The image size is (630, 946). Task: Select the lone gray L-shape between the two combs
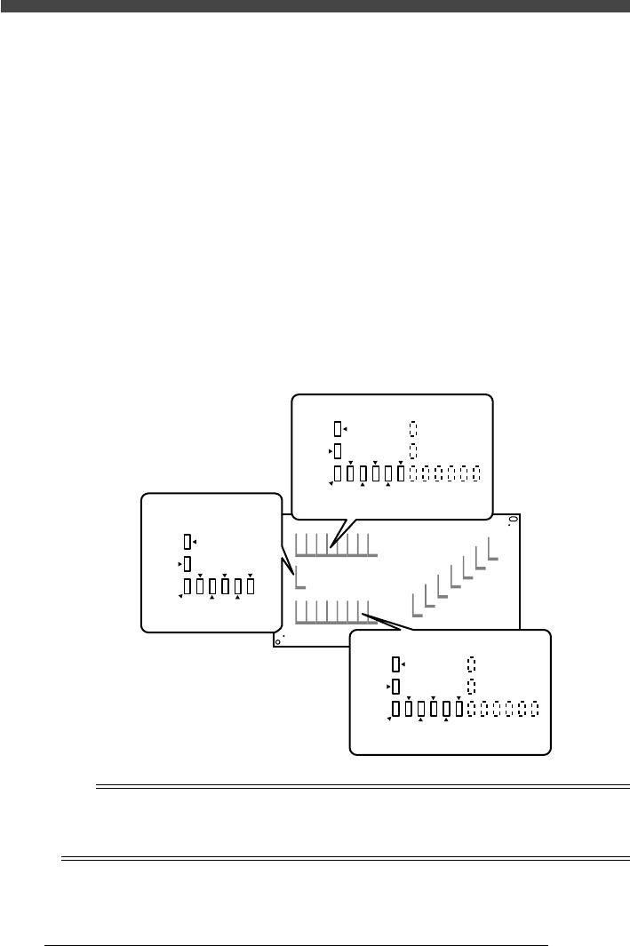point(299,578)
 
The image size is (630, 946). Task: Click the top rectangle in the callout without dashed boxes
point(187,541)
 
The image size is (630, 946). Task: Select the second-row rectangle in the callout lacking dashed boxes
point(187,564)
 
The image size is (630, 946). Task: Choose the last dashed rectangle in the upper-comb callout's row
point(477,472)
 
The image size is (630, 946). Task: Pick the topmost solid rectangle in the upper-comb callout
point(337,429)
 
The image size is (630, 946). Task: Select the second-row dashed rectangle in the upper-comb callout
point(413,450)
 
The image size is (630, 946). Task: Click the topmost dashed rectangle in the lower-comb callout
point(472,664)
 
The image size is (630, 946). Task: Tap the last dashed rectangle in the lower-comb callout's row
point(536,709)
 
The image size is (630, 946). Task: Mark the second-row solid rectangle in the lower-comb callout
point(396,687)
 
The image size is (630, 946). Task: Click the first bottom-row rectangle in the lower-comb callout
point(396,709)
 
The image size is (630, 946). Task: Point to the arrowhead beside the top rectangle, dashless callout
point(195,541)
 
